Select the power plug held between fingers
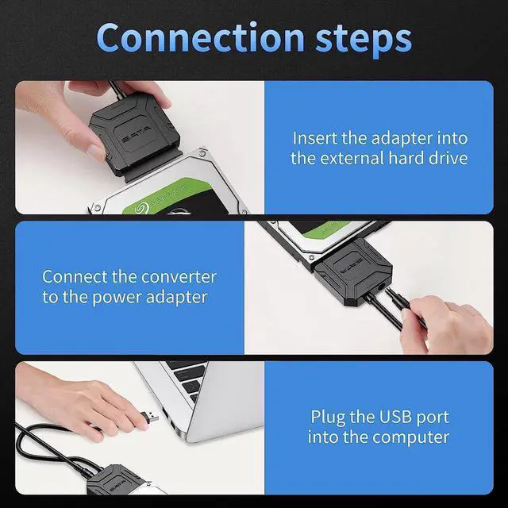[x=401, y=310]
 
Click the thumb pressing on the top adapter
[x=94, y=151]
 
